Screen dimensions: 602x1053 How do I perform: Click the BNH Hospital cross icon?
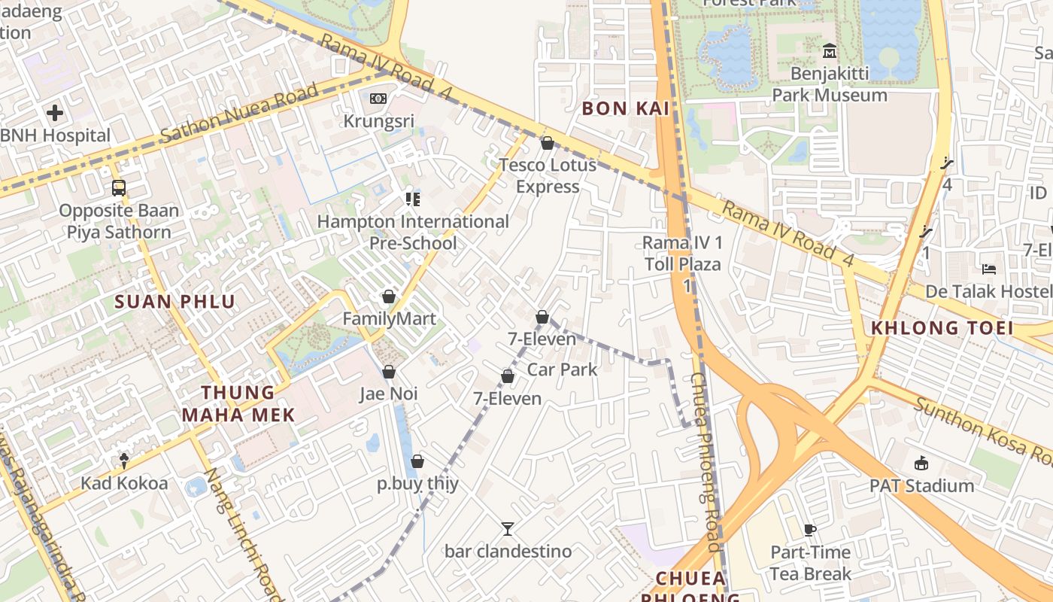coord(54,114)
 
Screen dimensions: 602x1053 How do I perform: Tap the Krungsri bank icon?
coord(378,99)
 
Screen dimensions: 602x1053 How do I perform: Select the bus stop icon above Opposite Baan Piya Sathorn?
coord(118,188)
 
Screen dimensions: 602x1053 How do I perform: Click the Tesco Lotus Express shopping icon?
coord(548,143)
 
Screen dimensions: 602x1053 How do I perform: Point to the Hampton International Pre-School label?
coord(413,232)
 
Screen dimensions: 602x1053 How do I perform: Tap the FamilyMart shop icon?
coord(389,296)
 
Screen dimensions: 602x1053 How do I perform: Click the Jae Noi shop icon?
coord(389,372)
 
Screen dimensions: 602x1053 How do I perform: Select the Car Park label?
coord(562,369)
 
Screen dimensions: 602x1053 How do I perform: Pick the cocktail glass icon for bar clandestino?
coord(508,529)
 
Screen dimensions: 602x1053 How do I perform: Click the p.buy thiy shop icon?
coord(417,461)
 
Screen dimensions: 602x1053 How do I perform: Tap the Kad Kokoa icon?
coord(124,460)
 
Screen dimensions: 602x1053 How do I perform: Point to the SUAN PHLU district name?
coord(174,302)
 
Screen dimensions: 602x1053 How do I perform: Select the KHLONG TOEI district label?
coord(942,327)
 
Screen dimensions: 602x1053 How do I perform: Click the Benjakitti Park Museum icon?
coord(830,51)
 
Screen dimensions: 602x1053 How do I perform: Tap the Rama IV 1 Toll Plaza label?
coord(682,254)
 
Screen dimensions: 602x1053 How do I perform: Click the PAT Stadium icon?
coord(921,463)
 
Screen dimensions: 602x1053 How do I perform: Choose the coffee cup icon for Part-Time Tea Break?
coord(810,530)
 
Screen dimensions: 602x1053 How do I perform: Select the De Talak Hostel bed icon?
coord(989,269)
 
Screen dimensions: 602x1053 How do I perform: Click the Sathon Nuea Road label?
coord(239,114)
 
